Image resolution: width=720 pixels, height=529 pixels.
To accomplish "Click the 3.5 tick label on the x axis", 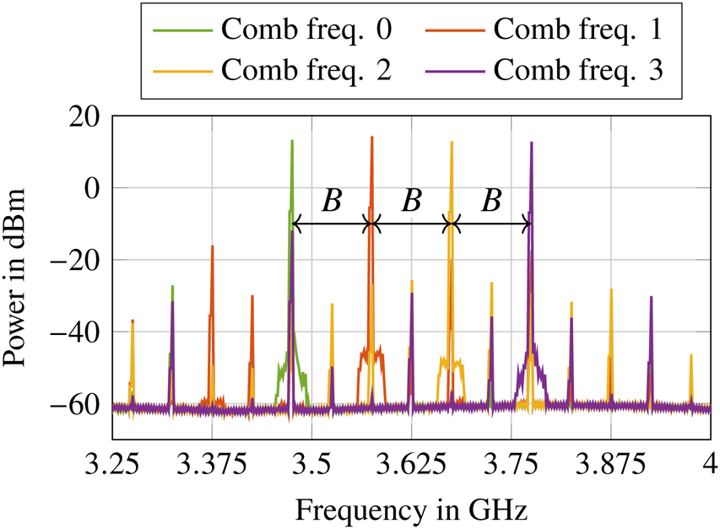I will coord(311,466).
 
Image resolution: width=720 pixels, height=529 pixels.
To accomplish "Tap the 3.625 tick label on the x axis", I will coord(411,466).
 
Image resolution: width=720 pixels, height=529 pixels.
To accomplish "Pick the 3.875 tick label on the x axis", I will coord(610,466).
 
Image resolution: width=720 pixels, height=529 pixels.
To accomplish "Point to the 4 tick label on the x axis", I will coord(710,466).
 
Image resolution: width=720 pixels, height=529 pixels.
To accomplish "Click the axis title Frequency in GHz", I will coord(411,509).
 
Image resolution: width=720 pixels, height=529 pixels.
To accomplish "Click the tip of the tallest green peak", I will coord(292,141).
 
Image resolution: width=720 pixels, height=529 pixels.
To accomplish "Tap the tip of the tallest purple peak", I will coord(531,143).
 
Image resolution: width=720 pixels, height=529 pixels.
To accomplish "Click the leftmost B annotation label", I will coord(332,201).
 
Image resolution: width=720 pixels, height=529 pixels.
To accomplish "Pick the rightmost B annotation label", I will coord(491,201).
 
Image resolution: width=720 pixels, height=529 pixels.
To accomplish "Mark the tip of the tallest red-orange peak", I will coord(371,137).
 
